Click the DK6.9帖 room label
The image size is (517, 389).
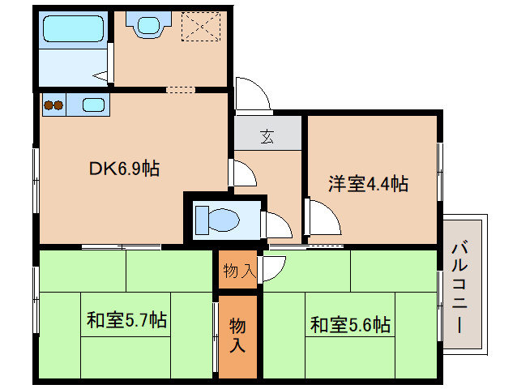click(123, 169)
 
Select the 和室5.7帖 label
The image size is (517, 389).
click(126, 320)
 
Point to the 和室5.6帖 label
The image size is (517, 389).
click(350, 325)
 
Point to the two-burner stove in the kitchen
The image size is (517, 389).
click(53, 105)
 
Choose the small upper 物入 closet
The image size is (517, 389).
click(238, 271)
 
